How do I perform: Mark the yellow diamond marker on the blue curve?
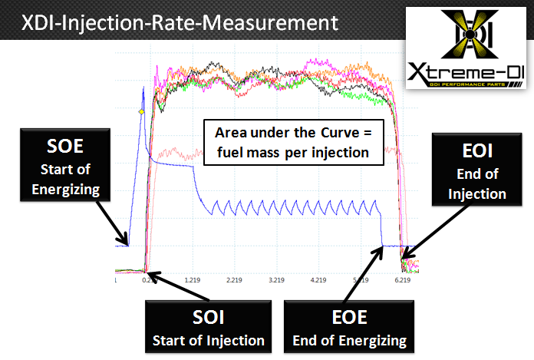(141, 113)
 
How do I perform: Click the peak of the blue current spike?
(143, 89)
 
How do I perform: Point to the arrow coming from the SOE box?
(108, 223)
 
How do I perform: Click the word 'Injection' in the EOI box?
(477, 193)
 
